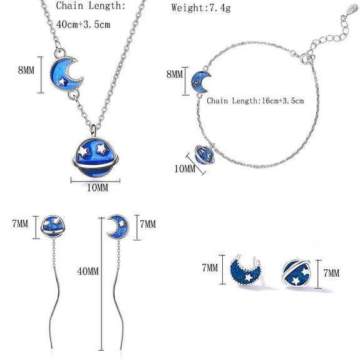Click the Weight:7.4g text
pyautogui.click(x=201, y=8)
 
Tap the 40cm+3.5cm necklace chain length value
pyautogui.click(x=83, y=24)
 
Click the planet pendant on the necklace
pyautogui.click(x=95, y=157)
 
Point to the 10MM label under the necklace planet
pyautogui.click(x=97, y=188)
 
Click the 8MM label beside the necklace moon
pyautogui.click(x=26, y=70)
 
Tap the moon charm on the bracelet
pyautogui.click(x=200, y=82)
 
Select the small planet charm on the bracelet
pyautogui.click(x=204, y=154)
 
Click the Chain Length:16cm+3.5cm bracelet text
pyautogui.click(x=255, y=101)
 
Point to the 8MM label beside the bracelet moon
pyautogui.click(x=175, y=74)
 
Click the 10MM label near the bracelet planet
pyautogui.click(x=185, y=169)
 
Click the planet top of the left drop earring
pyautogui.click(x=53, y=226)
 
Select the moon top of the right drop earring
pyautogui.click(x=118, y=226)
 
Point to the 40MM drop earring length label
pyautogui.click(x=88, y=271)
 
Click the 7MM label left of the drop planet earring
pyautogui.click(x=20, y=224)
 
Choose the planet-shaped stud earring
pyautogui.click(x=296, y=273)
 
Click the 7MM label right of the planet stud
pyautogui.click(x=331, y=273)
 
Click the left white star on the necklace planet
pyautogui.click(x=83, y=152)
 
